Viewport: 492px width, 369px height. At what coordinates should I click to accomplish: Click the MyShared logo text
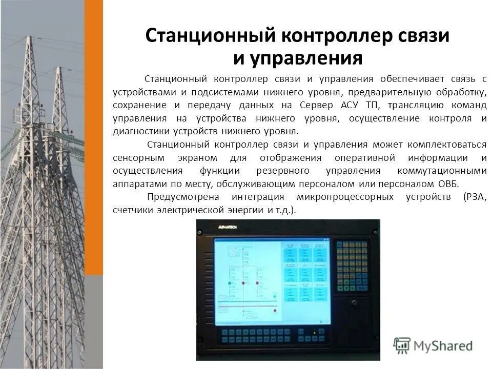443,346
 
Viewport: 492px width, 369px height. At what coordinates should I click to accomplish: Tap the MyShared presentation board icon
402,345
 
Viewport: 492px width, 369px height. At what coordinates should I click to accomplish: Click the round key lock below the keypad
354,302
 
